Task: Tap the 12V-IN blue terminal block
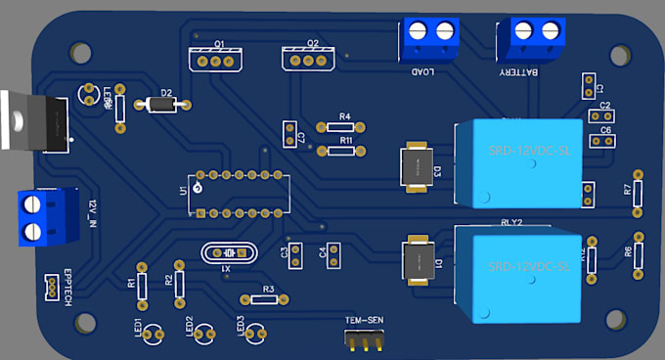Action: pyautogui.click(x=47, y=217)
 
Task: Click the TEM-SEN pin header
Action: pyautogui.click(x=365, y=338)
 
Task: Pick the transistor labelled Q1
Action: pyautogui.click(x=215, y=60)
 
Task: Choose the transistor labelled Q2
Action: pyautogui.click(x=308, y=60)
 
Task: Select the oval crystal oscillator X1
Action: pyautogui.click(x=227, y=253)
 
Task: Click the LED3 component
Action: pyautogui.click(x=255, y=334)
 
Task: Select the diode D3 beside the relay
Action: pyautogui.click(x=417, y=167)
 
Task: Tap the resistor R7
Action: pyautogui.click(x=638, y=192)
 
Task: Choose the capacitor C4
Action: pyautogui.click(x=333, y=255)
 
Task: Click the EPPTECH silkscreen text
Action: pyautogui.click(x=67, y=288)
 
